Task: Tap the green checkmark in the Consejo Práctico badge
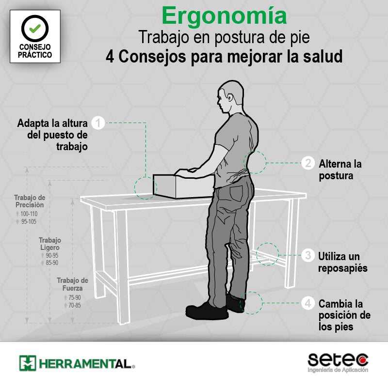[x=35, y=29]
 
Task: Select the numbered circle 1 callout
[x=98, y=123]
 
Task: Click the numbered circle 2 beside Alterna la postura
[x=308, y=163]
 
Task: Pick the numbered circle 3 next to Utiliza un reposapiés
[x=308, y=255]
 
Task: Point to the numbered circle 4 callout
[x=308, y=303]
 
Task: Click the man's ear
[x=230, y=97]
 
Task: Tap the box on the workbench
[x=183, y=186]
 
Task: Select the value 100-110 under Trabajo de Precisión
[x=29, y=214]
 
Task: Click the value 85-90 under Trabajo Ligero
[x=52, y=263]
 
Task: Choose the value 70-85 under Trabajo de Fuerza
[x=75, y=305]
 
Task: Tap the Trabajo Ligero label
[x=50, y=244]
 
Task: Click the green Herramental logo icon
[x=28, y=363]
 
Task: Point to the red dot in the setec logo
[x=363, y=360]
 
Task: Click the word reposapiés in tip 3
[x=343, y=268]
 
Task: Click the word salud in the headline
[x=323, y=57]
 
